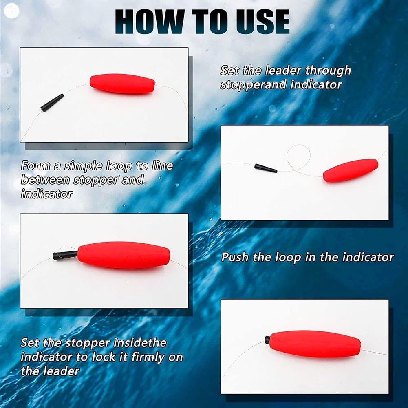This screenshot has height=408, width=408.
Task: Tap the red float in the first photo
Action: [x=122, y=84]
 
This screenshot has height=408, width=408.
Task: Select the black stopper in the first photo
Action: [x=52, y=103]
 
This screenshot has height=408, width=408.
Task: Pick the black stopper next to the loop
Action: [x=265, y=168]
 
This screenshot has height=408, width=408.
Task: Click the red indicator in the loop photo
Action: [x=351, y=170]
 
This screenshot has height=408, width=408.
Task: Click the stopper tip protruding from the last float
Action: [x=267, y=339]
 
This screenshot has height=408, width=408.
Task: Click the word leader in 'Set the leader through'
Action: [x=284, y=71]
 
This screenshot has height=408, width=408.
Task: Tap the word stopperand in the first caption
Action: [x=253, y=85]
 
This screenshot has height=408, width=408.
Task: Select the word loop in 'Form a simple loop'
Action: [x=119, y=166]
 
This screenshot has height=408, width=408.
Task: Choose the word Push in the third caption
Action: [x=235, y=258]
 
